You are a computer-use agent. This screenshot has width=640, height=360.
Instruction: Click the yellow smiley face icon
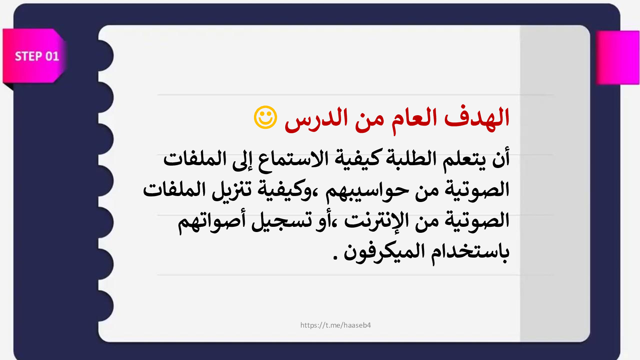click(266, 118)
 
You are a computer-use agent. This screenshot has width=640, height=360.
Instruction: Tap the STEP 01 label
click(37, 56)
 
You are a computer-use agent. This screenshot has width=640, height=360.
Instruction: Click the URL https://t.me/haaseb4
click(336, 325)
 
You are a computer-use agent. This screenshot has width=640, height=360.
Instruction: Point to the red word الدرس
click(316, 120)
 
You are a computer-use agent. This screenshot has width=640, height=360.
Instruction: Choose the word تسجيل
click(278, 221)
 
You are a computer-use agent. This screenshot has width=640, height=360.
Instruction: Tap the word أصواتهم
click(212, 222)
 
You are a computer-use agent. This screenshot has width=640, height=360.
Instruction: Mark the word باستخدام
click(470, 253)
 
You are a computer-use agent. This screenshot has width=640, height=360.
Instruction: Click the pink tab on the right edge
click(618, 58)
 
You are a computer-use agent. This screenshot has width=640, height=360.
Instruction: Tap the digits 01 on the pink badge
click(52, 56)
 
